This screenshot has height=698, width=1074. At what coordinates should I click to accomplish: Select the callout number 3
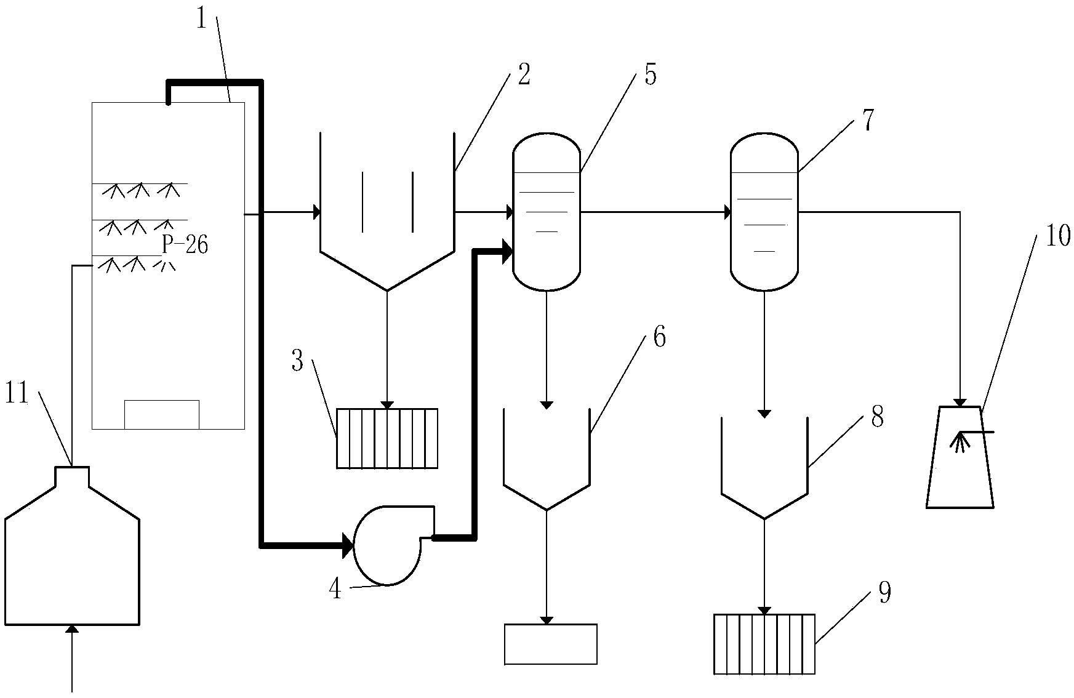click(298, 361)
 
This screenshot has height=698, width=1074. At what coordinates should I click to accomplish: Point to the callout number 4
click(335, 589)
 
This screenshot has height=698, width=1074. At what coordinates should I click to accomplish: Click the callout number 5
click(651, 74)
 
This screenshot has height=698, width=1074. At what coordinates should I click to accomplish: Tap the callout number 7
click(867, 121)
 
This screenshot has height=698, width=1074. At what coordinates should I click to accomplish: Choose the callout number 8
click(877, 417)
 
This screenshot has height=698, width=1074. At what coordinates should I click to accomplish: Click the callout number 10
click(1058, 236)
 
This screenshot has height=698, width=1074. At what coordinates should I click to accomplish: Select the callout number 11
click(17, 394)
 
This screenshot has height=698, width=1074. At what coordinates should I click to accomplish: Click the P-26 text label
click(185, 244)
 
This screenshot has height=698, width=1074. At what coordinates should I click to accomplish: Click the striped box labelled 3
click(387, 438)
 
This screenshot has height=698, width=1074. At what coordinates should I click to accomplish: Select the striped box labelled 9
click(764, 644)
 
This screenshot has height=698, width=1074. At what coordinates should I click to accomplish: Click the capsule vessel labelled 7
click(764, 211)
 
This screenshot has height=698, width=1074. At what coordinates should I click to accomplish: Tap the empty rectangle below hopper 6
click(550, 644)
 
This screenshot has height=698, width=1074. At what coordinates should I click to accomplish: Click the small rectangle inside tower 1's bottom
click(162, 414)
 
